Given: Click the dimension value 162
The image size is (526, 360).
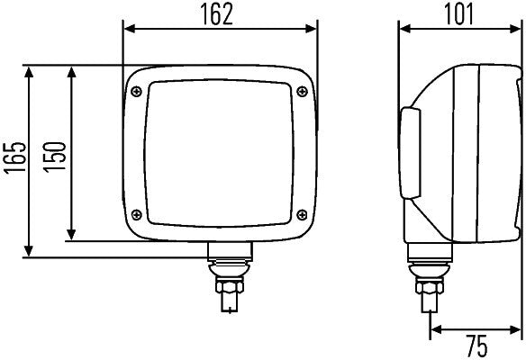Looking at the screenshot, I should coord(221,13).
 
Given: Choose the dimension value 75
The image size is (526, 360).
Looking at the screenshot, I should coord(477,345).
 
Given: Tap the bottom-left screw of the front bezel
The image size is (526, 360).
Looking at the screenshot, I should coord(137,213).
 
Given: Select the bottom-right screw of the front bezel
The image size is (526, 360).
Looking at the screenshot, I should coord(302,213).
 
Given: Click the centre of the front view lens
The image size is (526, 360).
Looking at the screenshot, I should coord(219,150).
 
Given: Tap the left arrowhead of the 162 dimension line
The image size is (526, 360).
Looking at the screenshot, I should coord(127,30).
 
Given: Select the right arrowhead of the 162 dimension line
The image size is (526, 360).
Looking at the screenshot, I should coord(314,30).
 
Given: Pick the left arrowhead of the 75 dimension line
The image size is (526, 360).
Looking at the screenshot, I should coord(435,330).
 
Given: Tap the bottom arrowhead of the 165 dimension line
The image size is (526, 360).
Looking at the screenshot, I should coord(32,253).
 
